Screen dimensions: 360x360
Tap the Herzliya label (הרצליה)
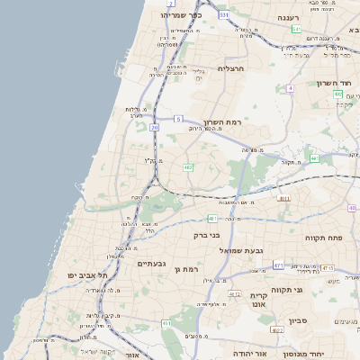click(231, 68)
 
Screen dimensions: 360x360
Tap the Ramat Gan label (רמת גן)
click(184, 269)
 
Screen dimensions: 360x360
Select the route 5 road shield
click(178, 119)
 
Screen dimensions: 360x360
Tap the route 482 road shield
click(188, 167)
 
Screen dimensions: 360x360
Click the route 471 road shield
click(278, 265)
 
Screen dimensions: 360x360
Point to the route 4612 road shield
click(235, 294)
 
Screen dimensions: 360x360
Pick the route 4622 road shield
click(277, 330)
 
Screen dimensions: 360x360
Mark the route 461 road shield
click(166, 323)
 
